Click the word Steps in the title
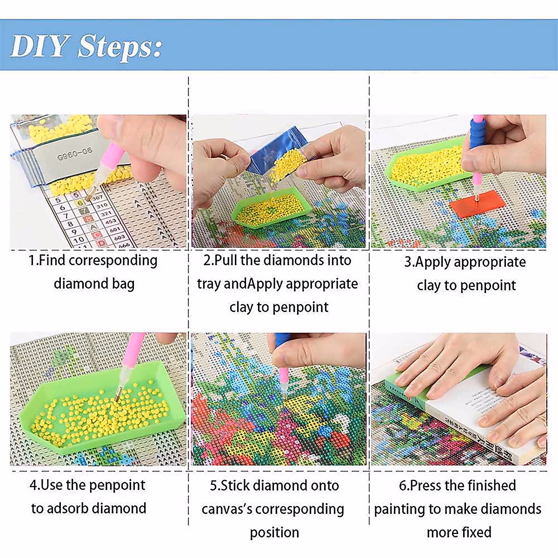(120, 47)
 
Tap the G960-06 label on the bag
(74, 153)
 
